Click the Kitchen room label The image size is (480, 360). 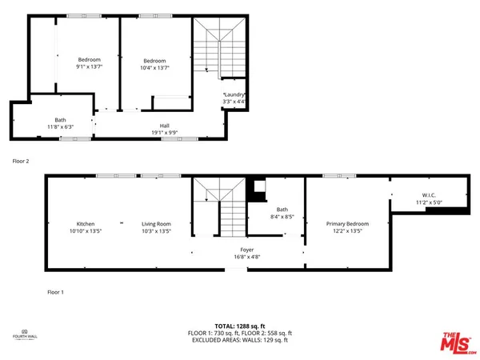[86, 223]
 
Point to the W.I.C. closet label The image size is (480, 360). [429, 194]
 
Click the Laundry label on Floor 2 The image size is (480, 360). [234, 95]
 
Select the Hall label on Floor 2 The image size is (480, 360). [164, 125]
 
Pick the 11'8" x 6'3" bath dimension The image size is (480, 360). [60, 126]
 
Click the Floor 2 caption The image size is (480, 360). [21, 161]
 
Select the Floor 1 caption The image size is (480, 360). [55, 292]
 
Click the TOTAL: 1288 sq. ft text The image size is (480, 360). [240, 326]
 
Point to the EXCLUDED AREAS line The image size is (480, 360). [240, 340]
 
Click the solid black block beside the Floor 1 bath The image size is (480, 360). [258, 191]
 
